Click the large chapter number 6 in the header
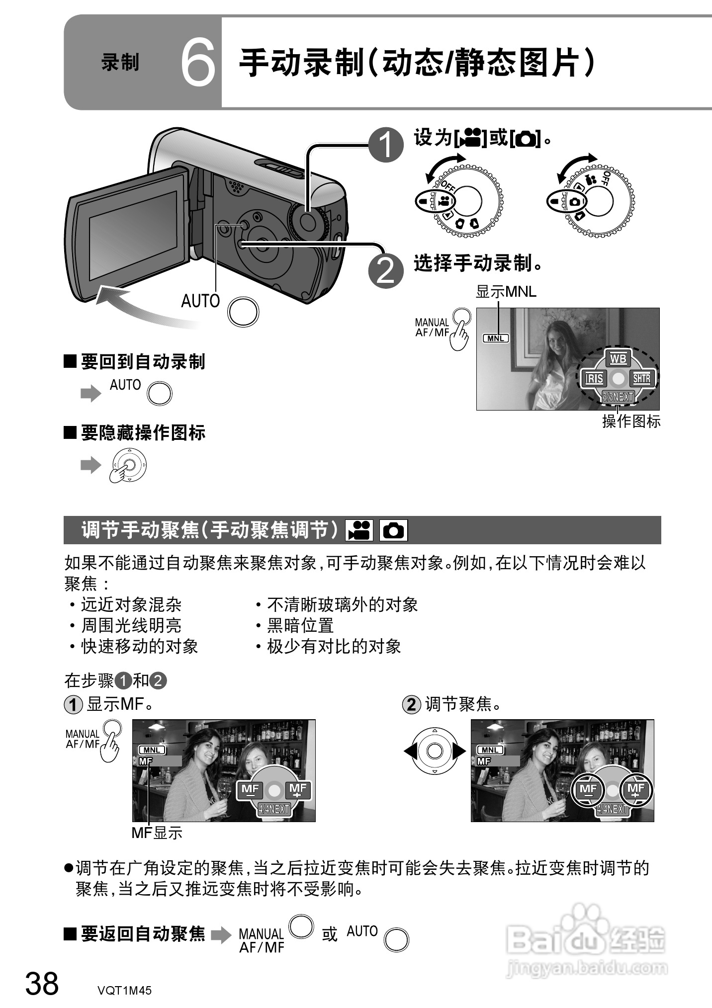click(198, 63)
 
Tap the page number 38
click(42, 983)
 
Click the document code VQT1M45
click(124, 990)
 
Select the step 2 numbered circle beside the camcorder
click(386, 271)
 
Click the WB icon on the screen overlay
click(618, 359)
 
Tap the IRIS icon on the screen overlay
click(594, 379)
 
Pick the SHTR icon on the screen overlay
click(641, 379)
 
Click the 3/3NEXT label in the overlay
click(618, 397)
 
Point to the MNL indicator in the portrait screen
click(496, 338)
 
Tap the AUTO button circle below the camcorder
click(243, 312)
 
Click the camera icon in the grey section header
click(393, 530)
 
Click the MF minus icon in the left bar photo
click(250, 790)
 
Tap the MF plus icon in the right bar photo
click(635, 789)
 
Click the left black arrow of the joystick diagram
click(410, 751)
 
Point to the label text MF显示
click(157, 833)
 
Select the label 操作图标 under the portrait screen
click(631, 421)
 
